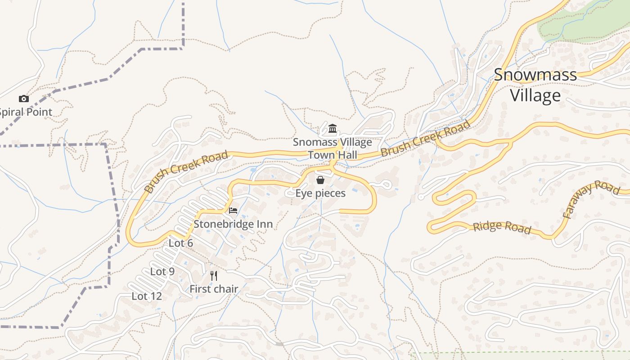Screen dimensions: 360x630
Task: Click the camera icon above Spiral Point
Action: [x=23, y=99]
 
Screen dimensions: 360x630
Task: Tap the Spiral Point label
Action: [x=26, y=112]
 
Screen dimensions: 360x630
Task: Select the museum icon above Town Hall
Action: [x=333, y=129]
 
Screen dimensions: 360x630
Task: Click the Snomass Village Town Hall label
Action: [x=333, y=148]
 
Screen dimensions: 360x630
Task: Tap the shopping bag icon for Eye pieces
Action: [x=320, y=180]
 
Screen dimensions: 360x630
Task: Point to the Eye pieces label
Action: [x=320, y=193]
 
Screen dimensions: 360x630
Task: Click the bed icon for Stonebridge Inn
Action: [x=233, y=210]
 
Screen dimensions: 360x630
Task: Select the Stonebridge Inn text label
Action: [x=233, y=224]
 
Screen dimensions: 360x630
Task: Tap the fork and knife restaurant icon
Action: [x=214, y=275]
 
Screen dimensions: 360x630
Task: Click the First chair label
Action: [x=214, y=289]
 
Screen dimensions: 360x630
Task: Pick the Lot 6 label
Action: [x=181, y=243]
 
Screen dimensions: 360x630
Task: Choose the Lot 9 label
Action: [x=162, y=271]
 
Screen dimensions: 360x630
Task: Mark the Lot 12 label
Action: [x=147, y=296]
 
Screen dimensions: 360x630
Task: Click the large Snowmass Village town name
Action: [x=535, y=85]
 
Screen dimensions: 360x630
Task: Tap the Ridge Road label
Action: [x=502, y=227]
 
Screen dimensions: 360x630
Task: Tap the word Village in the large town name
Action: [x=535, y=95]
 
